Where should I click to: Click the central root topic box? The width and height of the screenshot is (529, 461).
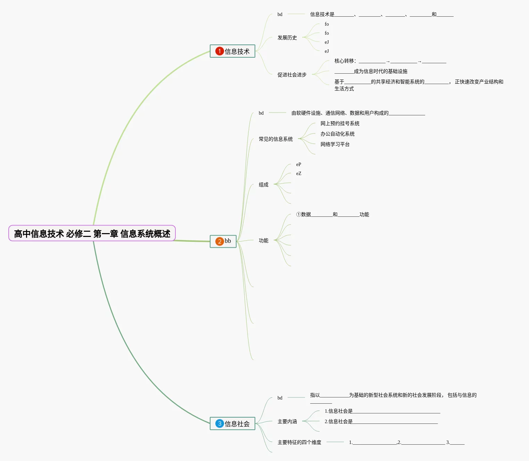[92, 233]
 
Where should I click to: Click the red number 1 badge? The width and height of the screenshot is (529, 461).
[220, 51]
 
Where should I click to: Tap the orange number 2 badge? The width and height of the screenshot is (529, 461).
[220, 241]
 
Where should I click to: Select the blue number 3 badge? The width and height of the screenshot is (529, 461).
[220, 423]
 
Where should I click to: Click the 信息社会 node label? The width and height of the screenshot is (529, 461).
[237, 424]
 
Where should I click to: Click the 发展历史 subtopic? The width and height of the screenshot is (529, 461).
[287, 38]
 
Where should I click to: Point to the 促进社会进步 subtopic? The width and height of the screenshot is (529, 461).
[292, 75]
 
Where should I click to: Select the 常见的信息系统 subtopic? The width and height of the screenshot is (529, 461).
[275, 139]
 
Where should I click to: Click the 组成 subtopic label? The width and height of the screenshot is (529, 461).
[263, 184]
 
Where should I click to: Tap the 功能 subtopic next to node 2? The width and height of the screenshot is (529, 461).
[263, 240]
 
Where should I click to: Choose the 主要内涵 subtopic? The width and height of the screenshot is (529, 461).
[287, 421]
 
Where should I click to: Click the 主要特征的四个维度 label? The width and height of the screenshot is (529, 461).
[299, 442]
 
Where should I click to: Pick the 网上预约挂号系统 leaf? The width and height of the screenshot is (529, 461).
[340, 123]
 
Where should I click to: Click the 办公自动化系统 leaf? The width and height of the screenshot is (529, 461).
[337, 134]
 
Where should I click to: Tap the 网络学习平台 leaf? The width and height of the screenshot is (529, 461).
[335, 144]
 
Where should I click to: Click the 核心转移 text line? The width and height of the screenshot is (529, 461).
[390, 61]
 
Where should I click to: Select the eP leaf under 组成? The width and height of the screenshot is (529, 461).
[298, 164]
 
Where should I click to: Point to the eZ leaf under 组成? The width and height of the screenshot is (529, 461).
[298, 173]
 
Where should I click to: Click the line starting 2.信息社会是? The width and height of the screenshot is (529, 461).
[381, 421]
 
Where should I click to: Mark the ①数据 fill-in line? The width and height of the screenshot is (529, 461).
[332, 214]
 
